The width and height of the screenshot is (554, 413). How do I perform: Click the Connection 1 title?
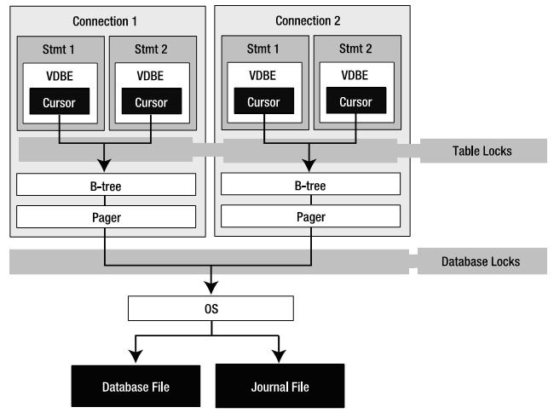tap(105, 21)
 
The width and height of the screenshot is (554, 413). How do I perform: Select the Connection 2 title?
tap(308, 20)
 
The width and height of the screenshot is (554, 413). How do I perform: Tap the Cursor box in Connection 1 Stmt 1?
tap(60, 101)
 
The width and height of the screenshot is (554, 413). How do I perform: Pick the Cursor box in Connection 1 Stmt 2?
tap(152, 101)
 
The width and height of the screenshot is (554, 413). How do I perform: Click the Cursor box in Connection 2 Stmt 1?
tap(264, 100)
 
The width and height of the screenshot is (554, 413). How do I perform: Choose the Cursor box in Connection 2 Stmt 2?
tap(356, 100)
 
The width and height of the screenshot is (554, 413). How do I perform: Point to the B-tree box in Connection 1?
tap(106, 184)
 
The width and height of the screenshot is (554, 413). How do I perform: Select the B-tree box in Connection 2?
tap(310, 184)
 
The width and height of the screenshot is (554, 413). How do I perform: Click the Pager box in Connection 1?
tap(106, 217)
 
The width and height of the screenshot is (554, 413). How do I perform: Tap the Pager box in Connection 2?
tap(310, 216)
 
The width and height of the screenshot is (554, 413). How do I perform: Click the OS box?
tap(211, 308)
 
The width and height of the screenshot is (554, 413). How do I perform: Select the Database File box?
tap(136, 386)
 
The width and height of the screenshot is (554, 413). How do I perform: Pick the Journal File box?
tap(280, 386)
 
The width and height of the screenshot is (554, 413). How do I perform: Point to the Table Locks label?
tap(482, 151)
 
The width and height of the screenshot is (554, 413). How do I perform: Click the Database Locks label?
tap(481, 261)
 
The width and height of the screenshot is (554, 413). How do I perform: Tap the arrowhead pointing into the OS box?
tap(211, 288)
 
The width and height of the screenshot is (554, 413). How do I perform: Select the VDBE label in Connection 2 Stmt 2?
tap(355, 75)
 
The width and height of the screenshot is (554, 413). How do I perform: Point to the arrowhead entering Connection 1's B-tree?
tap(104, 165)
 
